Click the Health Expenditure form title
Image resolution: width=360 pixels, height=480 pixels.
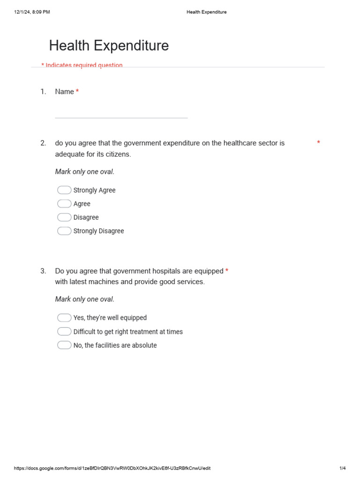click(x=109, y=46)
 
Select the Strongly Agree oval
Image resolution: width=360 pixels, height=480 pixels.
click(x=64, y=190)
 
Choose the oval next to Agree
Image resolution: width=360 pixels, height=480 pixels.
click(x=64, y=203)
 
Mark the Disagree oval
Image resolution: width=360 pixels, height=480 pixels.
click(x=64, y=217)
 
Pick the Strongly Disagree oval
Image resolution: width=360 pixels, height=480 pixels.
click(x=64, y=231)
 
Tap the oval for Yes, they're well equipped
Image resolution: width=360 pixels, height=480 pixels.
click(x=64, y=318)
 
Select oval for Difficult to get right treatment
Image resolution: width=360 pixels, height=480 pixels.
click(x=64, y=331)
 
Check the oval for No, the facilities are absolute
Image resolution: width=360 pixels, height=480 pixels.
click(x=64, y=345)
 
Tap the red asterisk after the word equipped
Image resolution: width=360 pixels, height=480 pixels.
click(x=227, y=271)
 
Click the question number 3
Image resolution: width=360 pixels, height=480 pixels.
click(x=43, y=271)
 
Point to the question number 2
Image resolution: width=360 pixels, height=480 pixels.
click(x=43, y=143)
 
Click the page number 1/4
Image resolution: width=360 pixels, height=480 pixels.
click(x=342, y=468)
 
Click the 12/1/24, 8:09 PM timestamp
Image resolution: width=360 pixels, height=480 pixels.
click(x=32, y=12)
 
